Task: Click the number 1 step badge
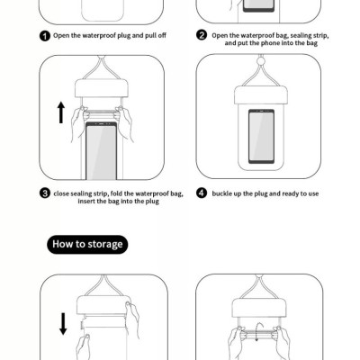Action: click(x=44, y=36)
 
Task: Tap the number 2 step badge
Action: click(x=202, y=36)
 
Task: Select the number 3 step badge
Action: click(x=44, y=193)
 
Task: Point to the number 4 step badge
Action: click(x=202, y=193)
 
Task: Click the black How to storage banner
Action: click(x=87, y=244)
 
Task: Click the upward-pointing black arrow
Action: click(x=61, y=112)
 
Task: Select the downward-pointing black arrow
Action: click(x=62, y=321)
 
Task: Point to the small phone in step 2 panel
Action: click(x=259, y=8)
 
